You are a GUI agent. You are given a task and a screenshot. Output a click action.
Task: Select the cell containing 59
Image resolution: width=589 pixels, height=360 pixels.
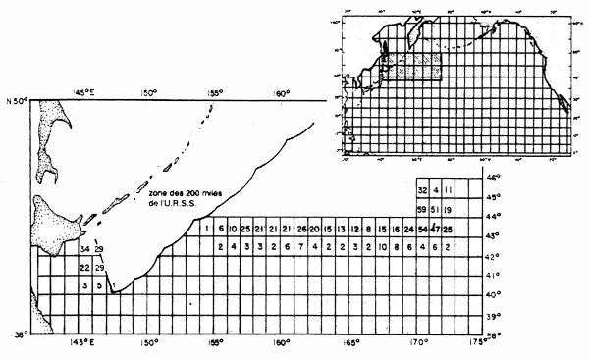(422, 210)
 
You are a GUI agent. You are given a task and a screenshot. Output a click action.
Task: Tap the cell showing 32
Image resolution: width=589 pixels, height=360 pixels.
(422, 190)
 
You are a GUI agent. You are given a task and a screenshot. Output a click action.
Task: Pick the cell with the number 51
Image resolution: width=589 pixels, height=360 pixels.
(435, 210)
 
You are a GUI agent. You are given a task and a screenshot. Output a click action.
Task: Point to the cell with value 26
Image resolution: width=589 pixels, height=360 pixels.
(301, 229)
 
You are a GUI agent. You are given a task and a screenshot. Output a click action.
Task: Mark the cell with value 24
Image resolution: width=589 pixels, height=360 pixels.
(408, 229)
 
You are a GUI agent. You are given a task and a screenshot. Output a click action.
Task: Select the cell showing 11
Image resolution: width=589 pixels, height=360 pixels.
(448, 190)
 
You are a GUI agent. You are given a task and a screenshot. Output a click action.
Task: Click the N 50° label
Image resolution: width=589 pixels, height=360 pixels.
(17, 100)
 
